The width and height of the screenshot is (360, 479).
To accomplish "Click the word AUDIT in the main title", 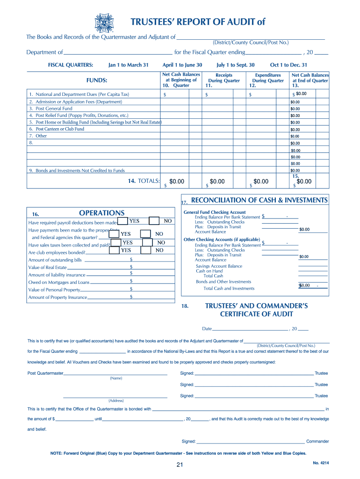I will [x=238, y=22].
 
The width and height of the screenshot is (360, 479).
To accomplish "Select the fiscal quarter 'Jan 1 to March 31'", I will [x=128, y=65].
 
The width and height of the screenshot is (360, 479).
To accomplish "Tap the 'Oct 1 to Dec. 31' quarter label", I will [x=288, y=65].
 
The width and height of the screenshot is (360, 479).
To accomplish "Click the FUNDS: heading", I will [x=97, y=80].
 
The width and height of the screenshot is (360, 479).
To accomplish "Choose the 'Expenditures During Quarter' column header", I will [x=267, y=80].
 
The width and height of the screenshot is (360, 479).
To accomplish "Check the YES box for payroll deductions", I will [x=122, y=221].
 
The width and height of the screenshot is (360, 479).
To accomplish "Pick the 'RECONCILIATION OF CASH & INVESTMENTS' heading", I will [x=259, y=200].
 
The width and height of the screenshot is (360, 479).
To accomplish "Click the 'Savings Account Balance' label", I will [x=219, y=266].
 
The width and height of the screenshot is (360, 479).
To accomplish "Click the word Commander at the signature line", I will [x=317, y=441].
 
